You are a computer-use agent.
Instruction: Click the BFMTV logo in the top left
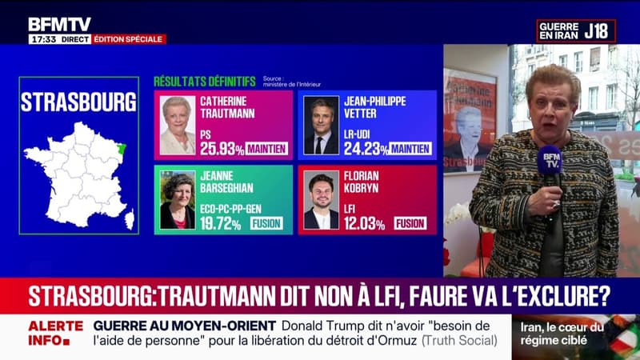(x=59, y=24)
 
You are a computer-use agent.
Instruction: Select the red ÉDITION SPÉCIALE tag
(x=129, y=39)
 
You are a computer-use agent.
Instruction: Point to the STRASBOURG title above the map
(x=78, y=102)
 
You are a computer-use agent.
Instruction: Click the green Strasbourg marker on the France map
(x=122, y=146)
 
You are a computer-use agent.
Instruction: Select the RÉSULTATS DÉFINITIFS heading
(x=205, y=82)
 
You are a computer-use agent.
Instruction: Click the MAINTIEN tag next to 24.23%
(x=411, y=148)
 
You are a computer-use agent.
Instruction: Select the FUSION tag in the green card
(x=266, y=223)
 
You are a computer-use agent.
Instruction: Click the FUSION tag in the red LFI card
(x=410, y=223)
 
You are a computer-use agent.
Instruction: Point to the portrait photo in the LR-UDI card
(x=322, y=126)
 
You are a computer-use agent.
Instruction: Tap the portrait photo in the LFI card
(x=321, y=201)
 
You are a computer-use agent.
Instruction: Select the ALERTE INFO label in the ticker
(x=56, y=333)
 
